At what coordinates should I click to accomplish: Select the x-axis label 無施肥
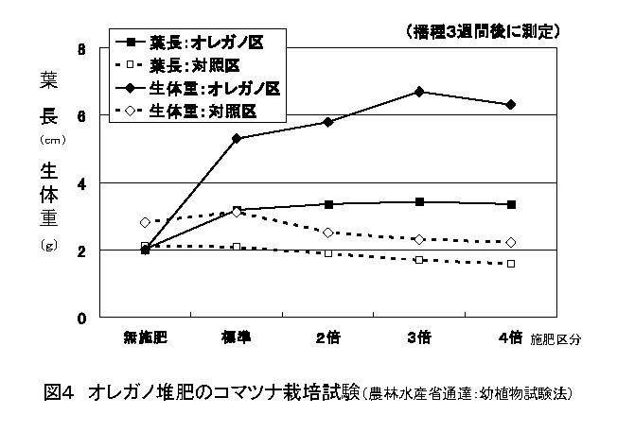pos(144,337)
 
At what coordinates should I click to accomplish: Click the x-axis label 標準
pos(236,337)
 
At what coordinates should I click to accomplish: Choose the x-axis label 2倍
pos(327,337)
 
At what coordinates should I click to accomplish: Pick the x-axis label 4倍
pos(511,337)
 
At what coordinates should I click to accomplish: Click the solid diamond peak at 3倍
pos(419,92)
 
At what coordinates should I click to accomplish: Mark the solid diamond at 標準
pos(236,138)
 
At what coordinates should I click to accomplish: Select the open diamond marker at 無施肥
pos(145,222)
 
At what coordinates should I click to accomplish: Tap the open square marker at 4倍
pos(511,264)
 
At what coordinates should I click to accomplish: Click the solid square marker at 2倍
pos(327,204)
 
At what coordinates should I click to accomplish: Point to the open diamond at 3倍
pos(419,239)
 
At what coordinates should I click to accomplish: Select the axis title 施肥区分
pos(556,337)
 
